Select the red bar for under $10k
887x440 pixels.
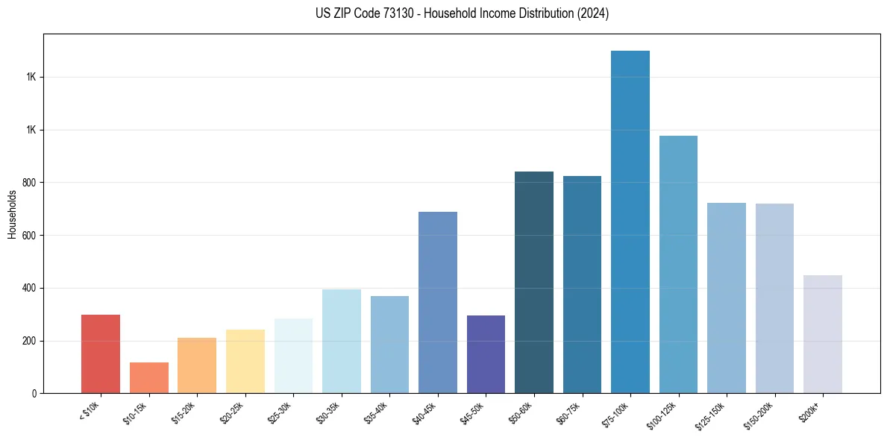101,353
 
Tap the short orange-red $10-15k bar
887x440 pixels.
149,377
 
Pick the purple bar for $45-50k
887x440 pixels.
486,354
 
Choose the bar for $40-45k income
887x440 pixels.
438,302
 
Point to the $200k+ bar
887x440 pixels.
823,334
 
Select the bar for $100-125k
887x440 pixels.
678,264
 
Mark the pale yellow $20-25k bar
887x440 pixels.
245,361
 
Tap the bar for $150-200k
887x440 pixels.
774,298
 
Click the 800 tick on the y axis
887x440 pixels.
31,183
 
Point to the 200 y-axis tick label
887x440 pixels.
31,341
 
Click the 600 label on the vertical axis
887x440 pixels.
31,236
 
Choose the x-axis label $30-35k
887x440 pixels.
327,412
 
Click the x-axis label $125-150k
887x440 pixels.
711,415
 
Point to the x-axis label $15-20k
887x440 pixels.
184,412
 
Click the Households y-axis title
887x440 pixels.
12,214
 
